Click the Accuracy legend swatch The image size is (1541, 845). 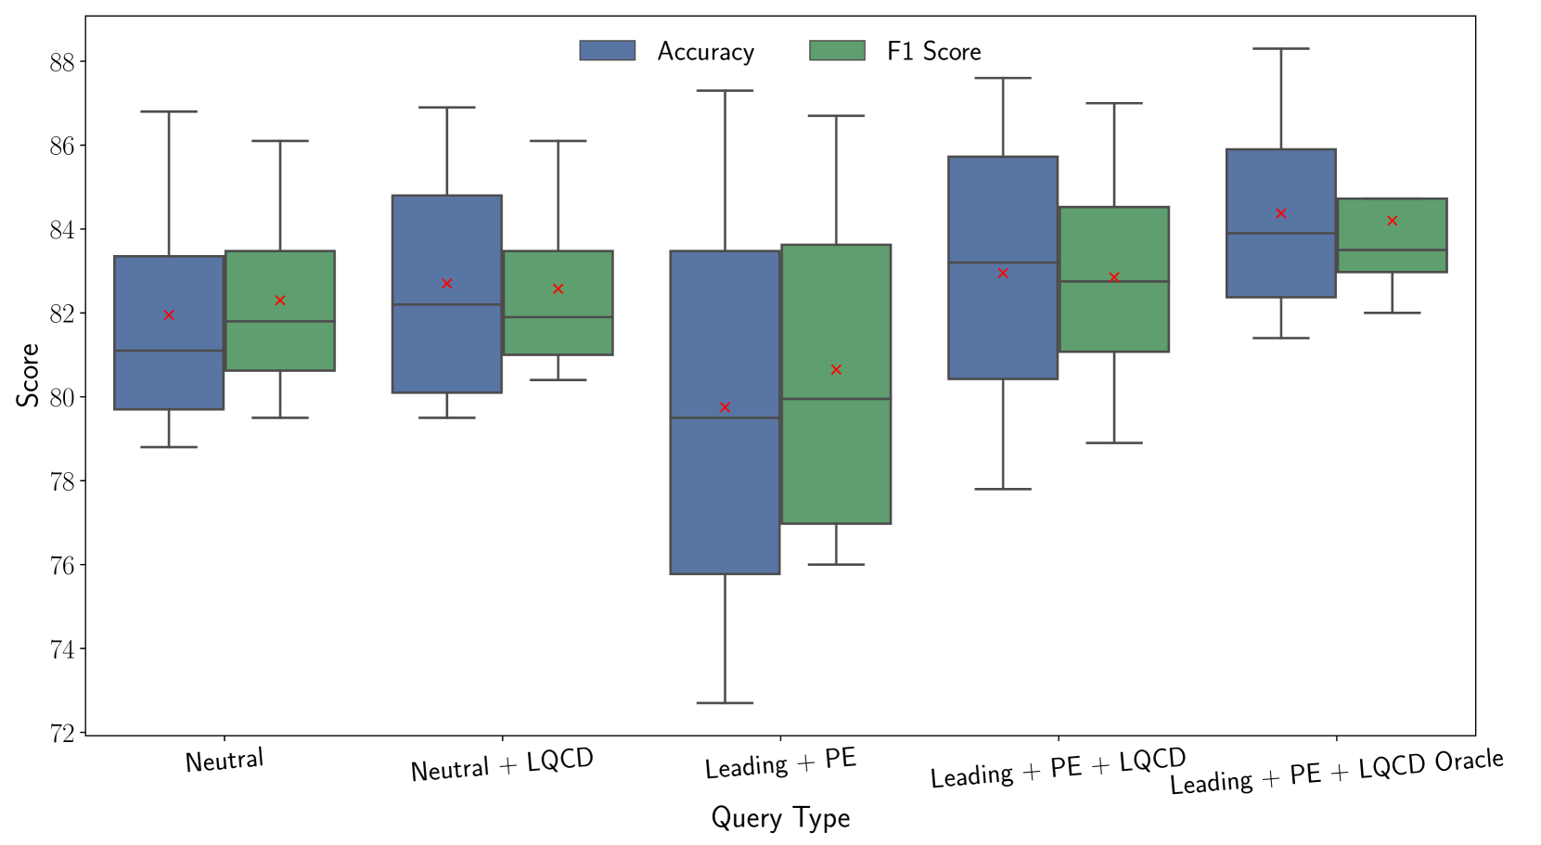click(607, 51)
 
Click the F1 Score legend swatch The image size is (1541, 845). click(837, 51)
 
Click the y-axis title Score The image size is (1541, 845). click(28, 375)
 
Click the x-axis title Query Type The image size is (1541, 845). click(780, 817)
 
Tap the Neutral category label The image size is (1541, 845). click(225, 761)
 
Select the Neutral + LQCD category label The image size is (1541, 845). click(502, 765)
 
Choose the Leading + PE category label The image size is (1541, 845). click(780, 763)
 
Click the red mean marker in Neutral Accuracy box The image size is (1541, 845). click(169, 315)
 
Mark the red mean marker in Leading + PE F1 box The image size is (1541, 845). click(836, 369)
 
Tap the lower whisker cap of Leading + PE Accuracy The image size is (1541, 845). click(725, 703)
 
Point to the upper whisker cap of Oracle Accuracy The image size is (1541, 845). click(1280, 48)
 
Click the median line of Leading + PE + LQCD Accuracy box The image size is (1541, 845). click(1003, 262)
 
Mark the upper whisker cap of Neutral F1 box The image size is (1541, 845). click(279, 141)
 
